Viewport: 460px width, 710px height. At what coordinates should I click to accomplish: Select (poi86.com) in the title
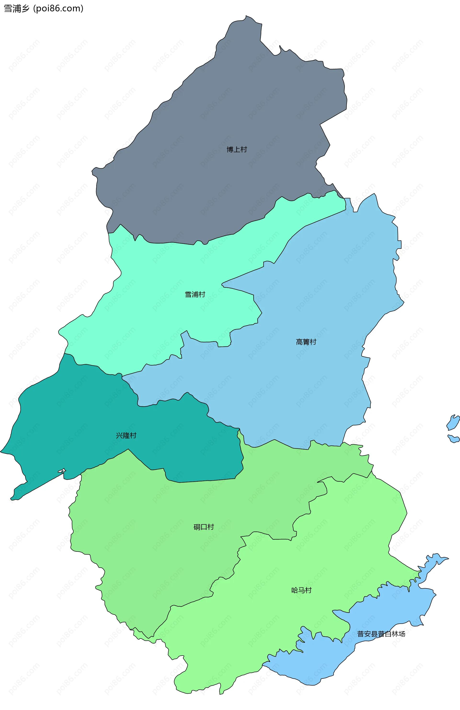click(x=58, y=9)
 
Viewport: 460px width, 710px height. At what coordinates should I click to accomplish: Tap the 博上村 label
click(x=237, y=149)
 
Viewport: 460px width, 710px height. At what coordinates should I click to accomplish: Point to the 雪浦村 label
click(x=195, y=295)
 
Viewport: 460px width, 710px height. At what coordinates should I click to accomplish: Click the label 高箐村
click(x=306, y=342)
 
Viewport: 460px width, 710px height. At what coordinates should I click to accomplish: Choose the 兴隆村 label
click(x=126, y=435)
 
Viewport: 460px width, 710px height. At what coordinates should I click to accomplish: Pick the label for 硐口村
click(x=204, y=527)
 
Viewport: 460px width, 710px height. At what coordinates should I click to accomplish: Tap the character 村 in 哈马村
click(x=308, y=590)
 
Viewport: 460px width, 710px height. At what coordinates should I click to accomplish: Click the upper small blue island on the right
click(x=453, y=422)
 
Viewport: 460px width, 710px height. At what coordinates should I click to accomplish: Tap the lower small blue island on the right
click(x=454, y=439)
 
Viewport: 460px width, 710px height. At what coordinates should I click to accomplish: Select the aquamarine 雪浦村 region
click(x=149, y=313)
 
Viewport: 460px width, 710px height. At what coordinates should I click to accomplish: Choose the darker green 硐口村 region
click(x=149, y=552)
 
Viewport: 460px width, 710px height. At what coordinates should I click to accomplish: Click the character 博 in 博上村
click(x=230, y=149)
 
